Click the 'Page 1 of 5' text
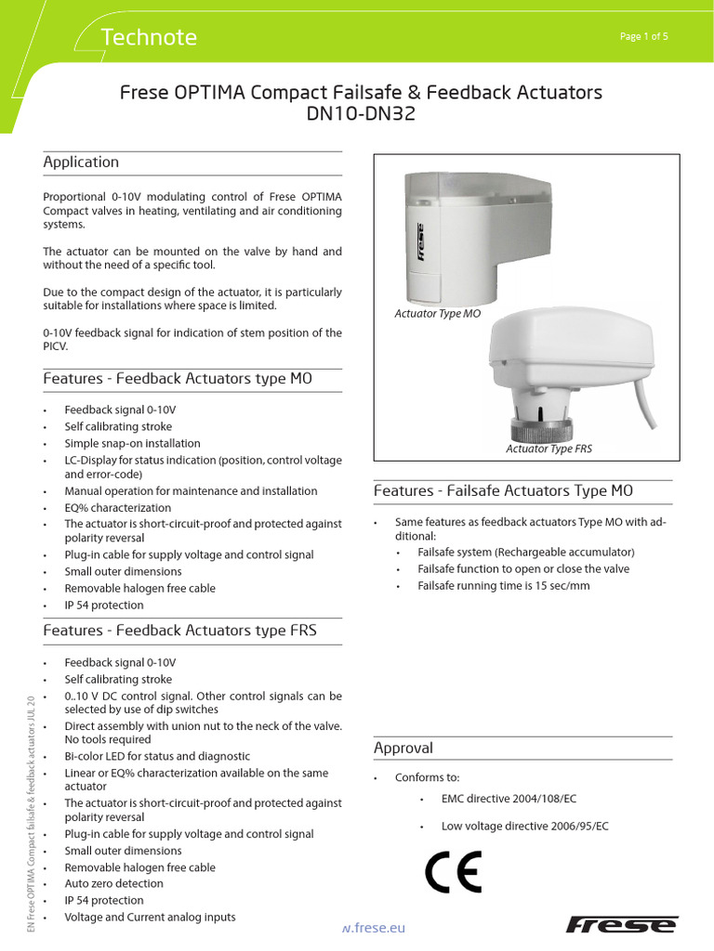pos(643,36)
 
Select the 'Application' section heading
pos(82,163)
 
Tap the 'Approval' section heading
pos(403,748)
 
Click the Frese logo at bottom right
pos(622,924)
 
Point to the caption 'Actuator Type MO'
pos(438,315)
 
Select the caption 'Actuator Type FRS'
pos(549,449)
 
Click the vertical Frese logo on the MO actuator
pos(420,242)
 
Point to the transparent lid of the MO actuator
pos(455,189)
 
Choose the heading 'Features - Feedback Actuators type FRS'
pos(180,631)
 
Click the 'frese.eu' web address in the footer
pos(374,927)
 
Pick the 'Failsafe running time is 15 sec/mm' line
pos(503,586)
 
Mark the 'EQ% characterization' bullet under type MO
pos(117,508)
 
